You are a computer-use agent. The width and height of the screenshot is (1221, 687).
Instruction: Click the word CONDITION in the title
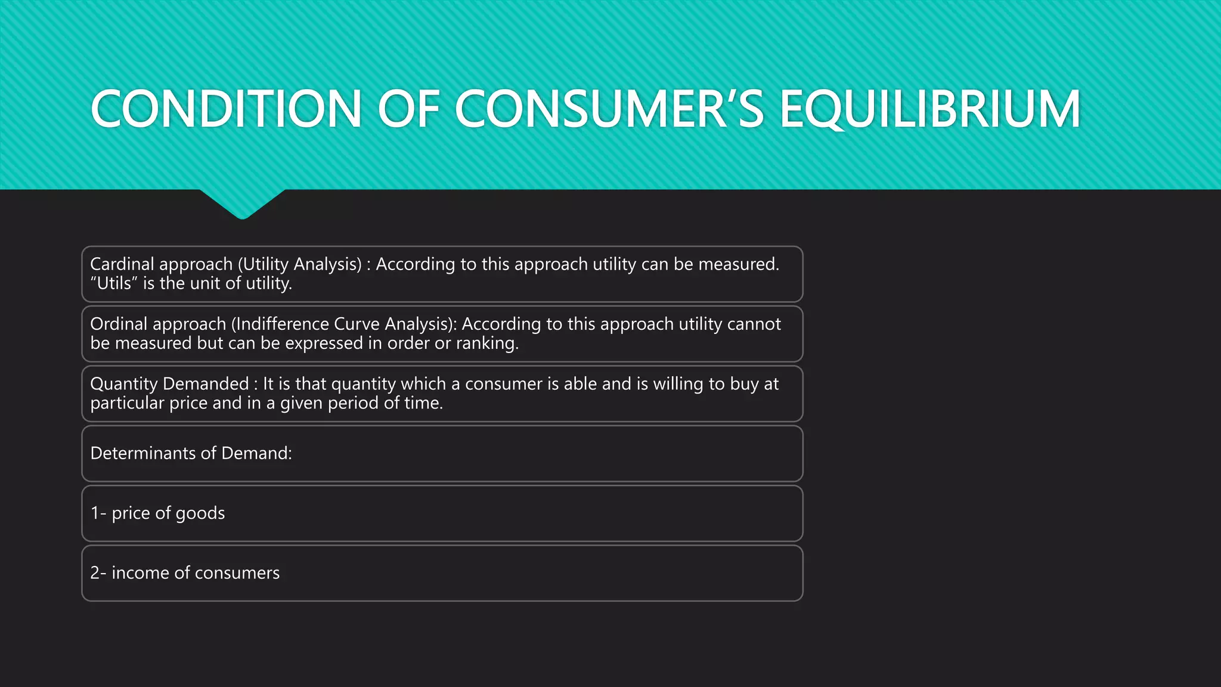coord(225,109)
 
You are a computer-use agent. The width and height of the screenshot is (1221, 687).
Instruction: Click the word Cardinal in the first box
coord(122,264)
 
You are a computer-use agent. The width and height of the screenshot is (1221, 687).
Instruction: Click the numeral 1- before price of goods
coord(98,513)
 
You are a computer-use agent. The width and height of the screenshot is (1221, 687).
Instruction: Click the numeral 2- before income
coord(98,572)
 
